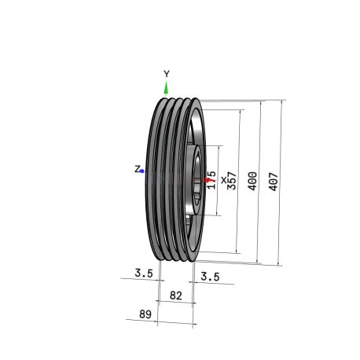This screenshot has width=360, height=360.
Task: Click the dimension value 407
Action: click(273, 182)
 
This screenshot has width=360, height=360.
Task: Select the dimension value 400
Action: click(252, 181)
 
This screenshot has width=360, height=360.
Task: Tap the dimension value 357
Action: click(232, 180)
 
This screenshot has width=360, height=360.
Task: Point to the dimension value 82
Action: click(176, 296)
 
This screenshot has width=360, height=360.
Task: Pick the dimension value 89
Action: click(145, 314)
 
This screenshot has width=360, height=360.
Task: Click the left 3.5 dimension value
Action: click(144, 273)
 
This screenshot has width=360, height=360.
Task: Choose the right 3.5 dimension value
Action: click(210, 277)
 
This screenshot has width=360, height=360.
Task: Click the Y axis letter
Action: click(167, 74)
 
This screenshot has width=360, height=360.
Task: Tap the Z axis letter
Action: click(138, 169)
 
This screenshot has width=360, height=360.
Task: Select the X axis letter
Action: click(223, 180)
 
